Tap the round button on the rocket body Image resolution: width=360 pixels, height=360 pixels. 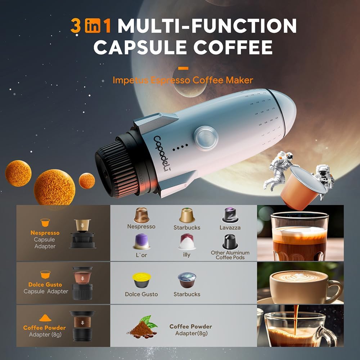(206, 137)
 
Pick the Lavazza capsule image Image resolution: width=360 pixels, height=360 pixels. (230, 215)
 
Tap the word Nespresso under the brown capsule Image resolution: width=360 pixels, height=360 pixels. (141, 226)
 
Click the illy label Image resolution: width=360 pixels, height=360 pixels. (187, 255)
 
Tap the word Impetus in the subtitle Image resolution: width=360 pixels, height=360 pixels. (129, 80)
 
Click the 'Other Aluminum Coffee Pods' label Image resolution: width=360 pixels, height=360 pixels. (230, 255)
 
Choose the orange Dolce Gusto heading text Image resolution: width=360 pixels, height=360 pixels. (46, 284)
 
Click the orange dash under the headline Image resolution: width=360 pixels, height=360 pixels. (183, 67)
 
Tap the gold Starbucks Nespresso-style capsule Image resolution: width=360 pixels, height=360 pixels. (187, 215)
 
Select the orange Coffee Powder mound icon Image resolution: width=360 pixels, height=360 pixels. (45, 317)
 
